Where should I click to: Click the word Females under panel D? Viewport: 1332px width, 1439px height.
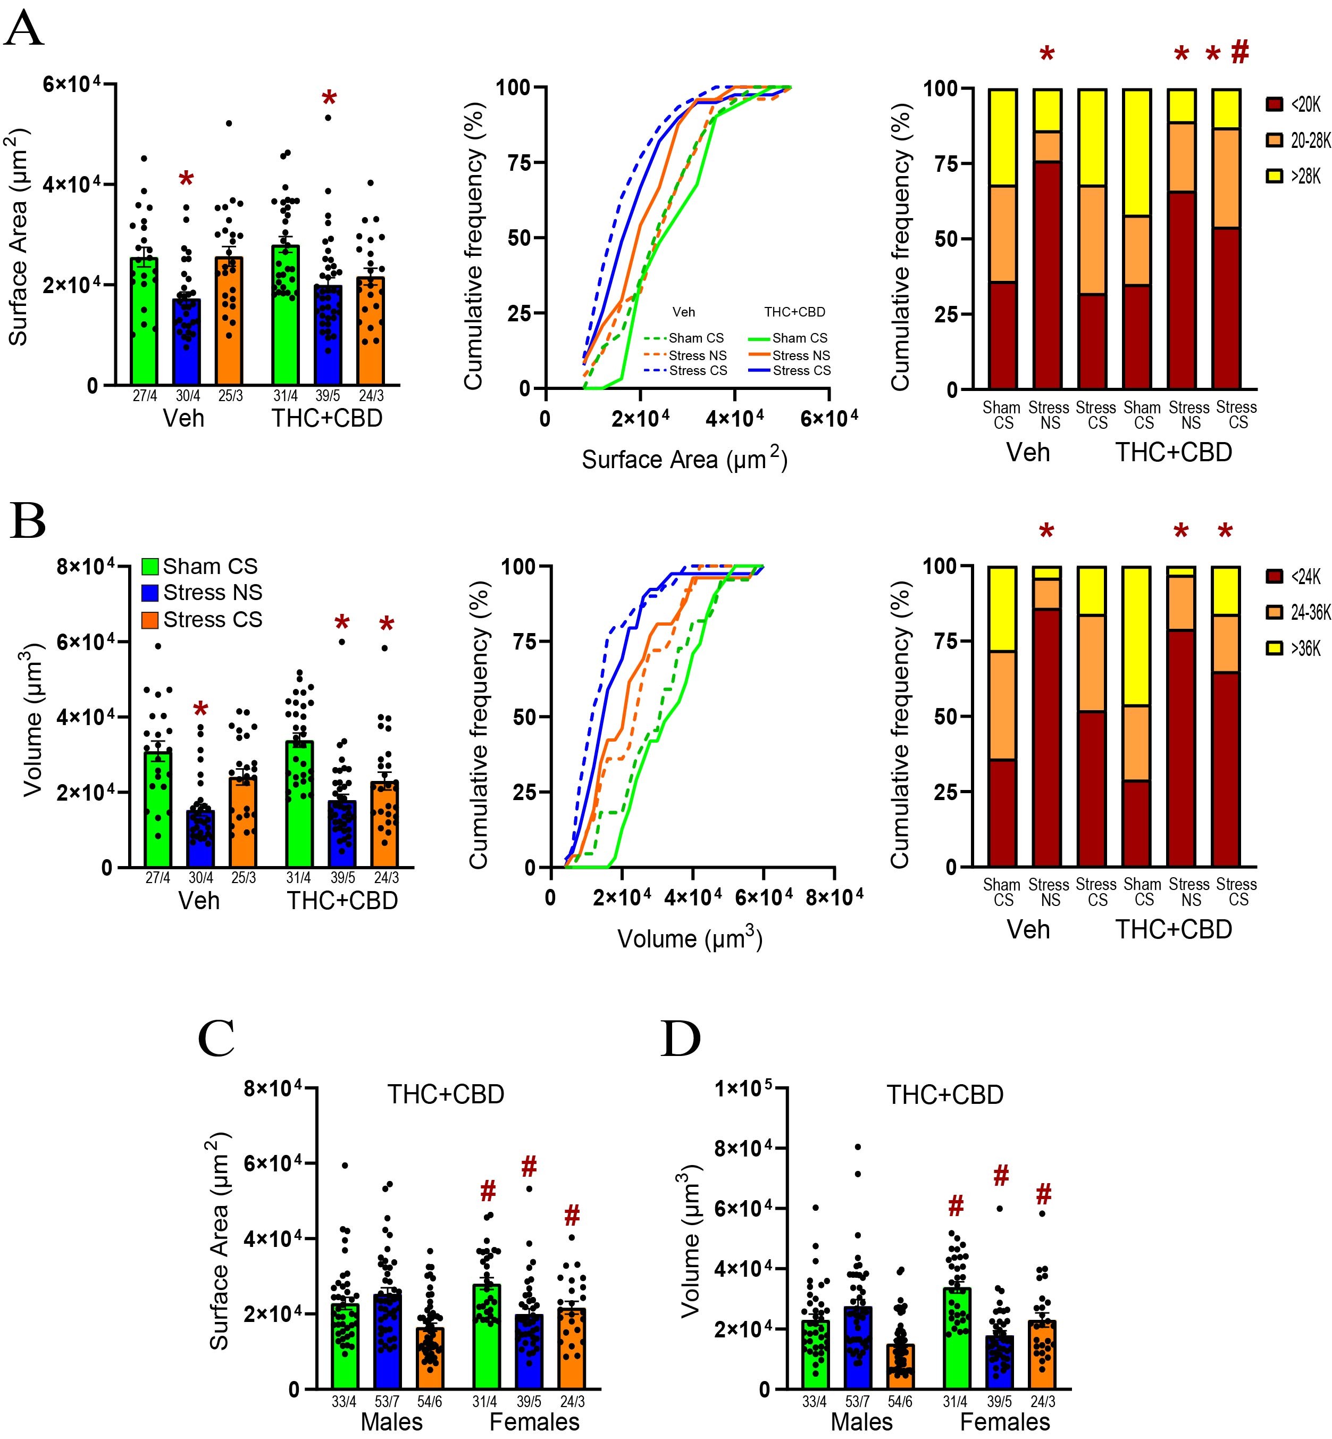tap(1005, 1421)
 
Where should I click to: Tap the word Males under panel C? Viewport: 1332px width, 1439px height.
tap(391, 1421)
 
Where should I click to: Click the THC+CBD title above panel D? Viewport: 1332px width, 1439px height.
tap(945, 1094)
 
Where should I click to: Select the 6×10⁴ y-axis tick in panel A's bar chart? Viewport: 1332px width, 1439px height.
tap(71, 85)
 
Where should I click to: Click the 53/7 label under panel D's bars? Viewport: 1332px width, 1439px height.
tap(857, 1402)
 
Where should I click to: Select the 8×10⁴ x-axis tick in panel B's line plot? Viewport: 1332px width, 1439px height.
tap(836, 897)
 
